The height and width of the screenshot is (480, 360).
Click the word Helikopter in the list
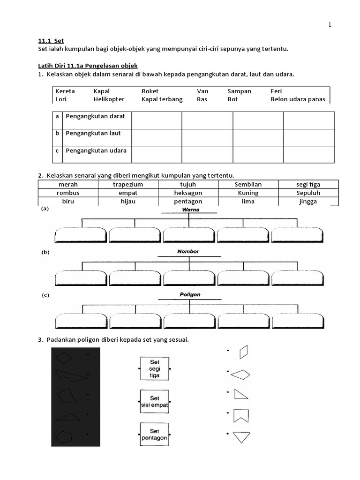point(109,99)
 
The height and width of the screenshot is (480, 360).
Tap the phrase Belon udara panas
point(298,99)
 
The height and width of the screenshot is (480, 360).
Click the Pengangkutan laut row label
point(93,133)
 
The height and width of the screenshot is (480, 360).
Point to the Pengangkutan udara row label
point(96,150)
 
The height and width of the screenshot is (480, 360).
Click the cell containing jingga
point(307,201)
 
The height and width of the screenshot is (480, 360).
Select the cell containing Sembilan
point(247,185)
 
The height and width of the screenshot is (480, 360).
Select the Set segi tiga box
point(154,369)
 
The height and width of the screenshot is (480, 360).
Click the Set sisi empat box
point(154,402)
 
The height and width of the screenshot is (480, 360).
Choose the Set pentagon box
point(154,434)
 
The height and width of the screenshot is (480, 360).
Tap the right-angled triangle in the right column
point(241,394)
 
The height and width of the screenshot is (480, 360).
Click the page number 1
point(330,25)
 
